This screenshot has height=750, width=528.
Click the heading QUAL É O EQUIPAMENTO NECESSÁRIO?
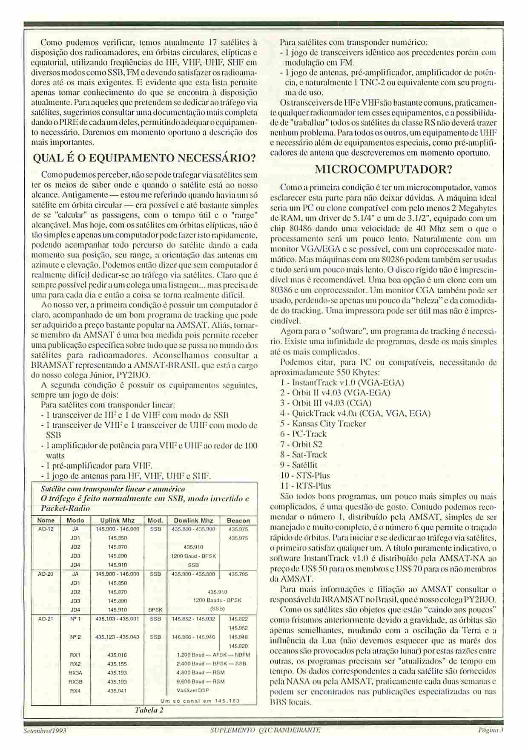coord(145,159)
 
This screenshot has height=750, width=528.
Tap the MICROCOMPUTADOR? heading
coord(383,170)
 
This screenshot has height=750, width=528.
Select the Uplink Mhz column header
coord(117,520)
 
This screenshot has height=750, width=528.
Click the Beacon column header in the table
coord(238,520)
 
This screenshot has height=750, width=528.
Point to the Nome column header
coord(46,520)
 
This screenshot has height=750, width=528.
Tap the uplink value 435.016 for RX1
coord(117,655)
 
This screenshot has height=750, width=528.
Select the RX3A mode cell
coord(75,672)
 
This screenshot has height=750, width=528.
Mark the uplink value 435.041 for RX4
coord(117,690)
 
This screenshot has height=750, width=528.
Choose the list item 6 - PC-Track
coord(303,434)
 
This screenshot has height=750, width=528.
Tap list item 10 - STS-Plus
coord(305,475)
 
